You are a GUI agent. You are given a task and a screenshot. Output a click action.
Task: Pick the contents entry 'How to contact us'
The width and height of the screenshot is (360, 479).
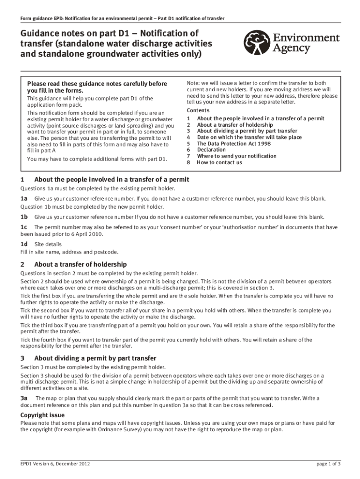click(x=219, y=162)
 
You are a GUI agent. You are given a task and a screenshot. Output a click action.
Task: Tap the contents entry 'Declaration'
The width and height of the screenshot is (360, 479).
click(x=211, y=150)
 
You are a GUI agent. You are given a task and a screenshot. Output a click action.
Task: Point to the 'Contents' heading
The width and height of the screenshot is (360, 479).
click(x=199, y=110)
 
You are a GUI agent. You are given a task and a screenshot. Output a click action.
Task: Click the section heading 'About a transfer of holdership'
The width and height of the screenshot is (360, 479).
click(x=80, y=264)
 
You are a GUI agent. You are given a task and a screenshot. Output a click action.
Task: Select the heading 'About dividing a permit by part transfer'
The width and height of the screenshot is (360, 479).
click(x=95, y=358)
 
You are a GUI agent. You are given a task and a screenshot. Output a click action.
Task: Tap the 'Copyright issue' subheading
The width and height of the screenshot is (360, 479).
click(x=43, y=415)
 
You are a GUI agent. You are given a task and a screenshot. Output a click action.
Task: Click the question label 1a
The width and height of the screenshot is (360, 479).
click(x=24, y=199)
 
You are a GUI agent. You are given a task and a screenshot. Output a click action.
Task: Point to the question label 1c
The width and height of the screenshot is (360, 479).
click(x=24, y=227)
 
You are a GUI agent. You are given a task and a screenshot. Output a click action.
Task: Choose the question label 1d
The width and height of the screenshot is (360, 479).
click(x=24, y=244)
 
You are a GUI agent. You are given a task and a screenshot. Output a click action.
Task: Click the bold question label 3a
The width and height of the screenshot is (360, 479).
click(x=24, y=398)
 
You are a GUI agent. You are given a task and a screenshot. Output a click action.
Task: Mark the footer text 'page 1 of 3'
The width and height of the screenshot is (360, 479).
click(x=328, y=464)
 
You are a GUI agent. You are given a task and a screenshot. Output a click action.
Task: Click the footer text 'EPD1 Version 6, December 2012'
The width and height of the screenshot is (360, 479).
click(x=55, y=464)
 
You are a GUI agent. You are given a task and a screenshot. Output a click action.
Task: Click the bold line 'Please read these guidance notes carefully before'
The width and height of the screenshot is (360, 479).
click(x=97, y=84)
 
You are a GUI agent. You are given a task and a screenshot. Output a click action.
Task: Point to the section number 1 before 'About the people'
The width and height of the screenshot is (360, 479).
click(x=22, y=180)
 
